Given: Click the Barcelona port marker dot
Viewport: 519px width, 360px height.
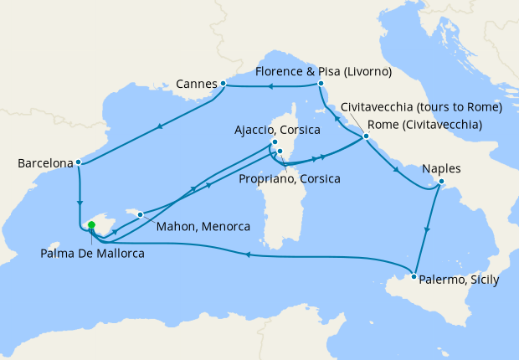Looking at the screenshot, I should pyautogui.click(x=78, y=162).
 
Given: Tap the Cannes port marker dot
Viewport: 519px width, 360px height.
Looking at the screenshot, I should pyautogui.click(x=223, y=84).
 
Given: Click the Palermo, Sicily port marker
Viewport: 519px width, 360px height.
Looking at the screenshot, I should pyautogui.click(x=414, y=275).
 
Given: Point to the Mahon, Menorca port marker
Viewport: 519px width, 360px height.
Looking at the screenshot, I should pyautogui.click(x=141, y=214).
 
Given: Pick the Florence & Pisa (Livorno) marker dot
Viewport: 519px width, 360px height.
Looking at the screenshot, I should pyautogui.click(x=321, y=84).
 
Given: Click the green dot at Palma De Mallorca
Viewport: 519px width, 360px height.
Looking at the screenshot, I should pyautogui.click(x=90, y=225).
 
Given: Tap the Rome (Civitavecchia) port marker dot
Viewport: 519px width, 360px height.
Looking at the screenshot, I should pyautogui.click(x=366, y=136).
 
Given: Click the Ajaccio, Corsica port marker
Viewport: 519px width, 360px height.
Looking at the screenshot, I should pyautogui.click(x=275, y=142).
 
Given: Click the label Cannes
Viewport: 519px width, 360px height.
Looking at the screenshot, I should pyautogui.click(x=197, y=85).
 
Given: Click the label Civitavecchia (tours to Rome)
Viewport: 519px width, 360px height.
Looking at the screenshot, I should pyautogui.click(x=421, y=107).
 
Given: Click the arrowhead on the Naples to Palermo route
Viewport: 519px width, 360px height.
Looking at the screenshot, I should pyautogui.click(x=428, y=231).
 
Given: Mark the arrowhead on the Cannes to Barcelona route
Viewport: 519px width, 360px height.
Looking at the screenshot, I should pyautogui.click(x=158, y=126).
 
